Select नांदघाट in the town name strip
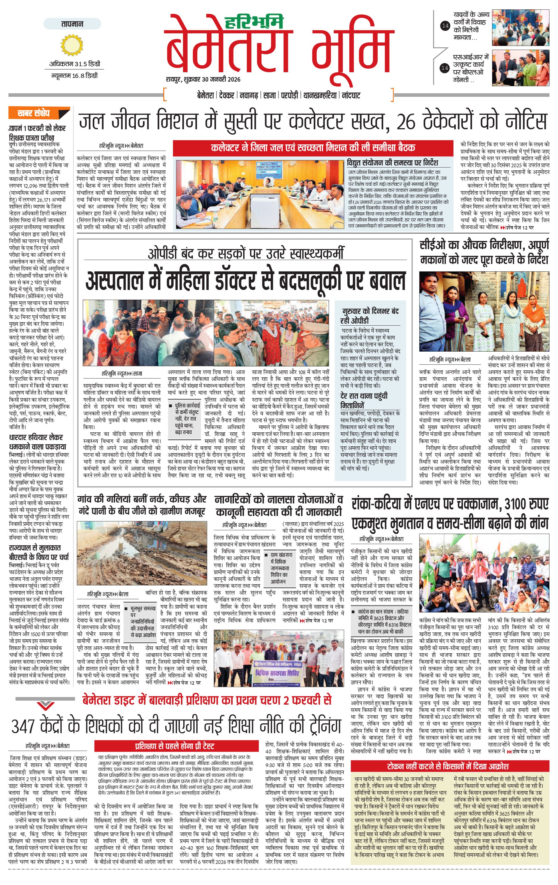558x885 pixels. point(351,96)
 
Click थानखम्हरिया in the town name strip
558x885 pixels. point(320,96)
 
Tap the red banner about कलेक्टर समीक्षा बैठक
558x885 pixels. point(313,148)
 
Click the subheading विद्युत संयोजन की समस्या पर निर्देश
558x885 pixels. point(392,162)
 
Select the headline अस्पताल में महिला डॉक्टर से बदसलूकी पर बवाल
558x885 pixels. point(245,281)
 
